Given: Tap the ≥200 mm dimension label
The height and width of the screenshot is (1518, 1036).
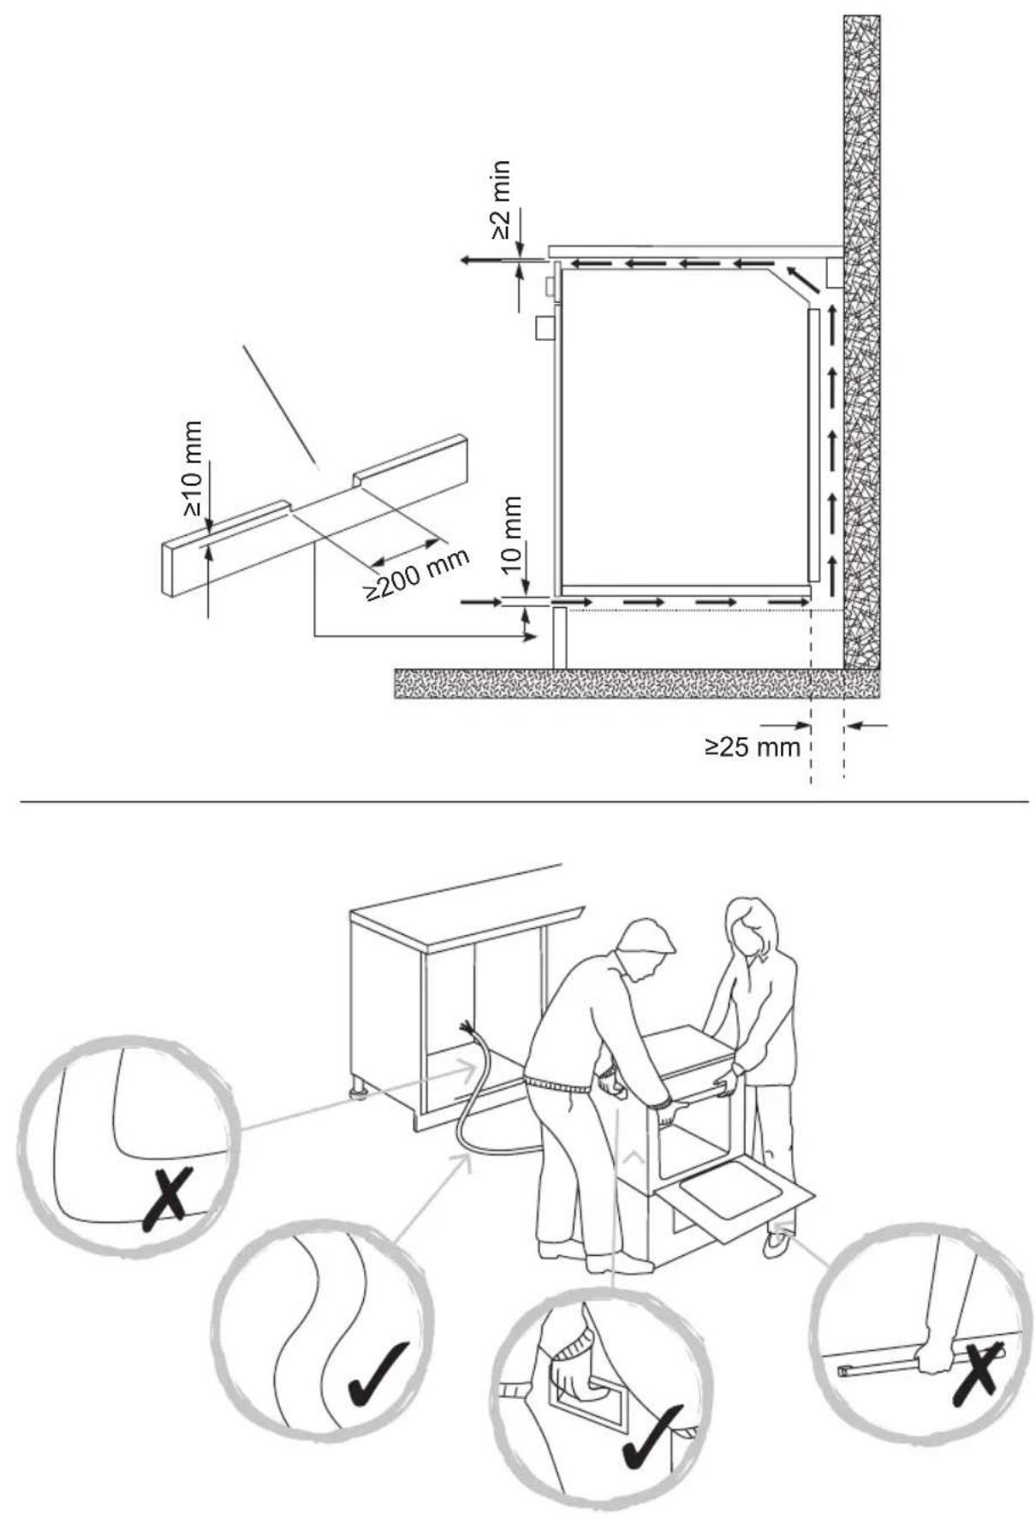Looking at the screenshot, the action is (x=419, y=574).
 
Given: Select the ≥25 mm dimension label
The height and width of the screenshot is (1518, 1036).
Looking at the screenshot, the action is (x=752, y=747).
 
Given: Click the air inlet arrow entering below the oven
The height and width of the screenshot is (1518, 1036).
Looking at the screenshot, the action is (x=481, y=603).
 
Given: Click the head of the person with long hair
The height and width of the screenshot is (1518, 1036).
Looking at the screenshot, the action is (x=749, y=928).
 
